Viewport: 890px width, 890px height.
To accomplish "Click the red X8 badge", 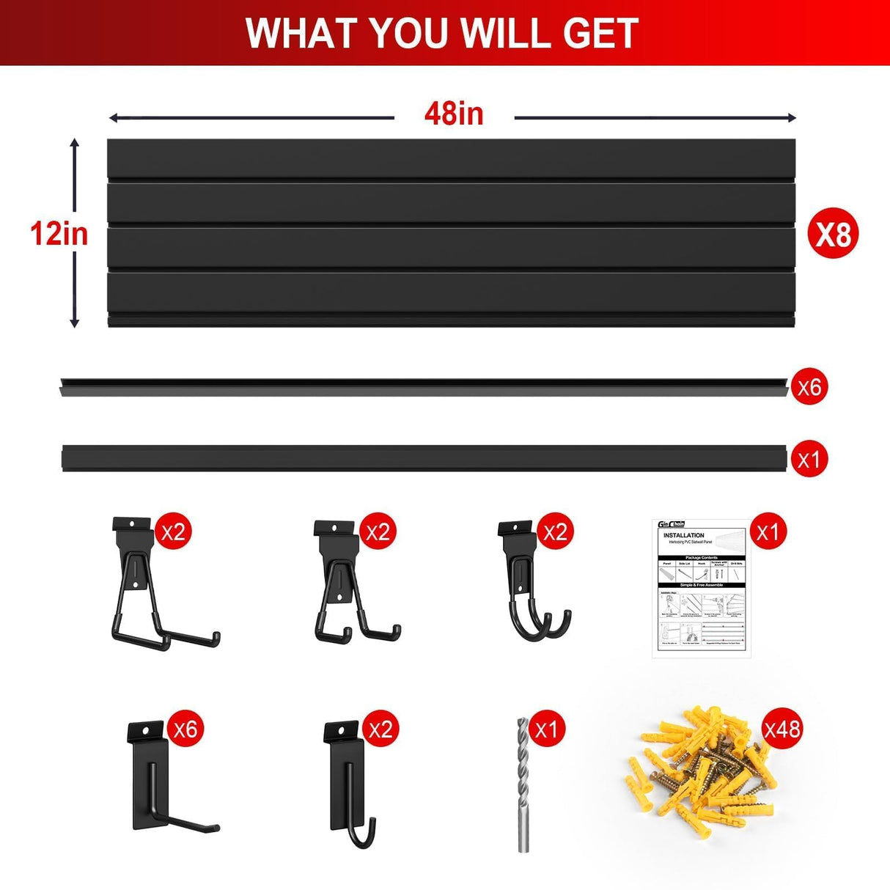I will (x=834, y=235).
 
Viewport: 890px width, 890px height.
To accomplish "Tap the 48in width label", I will (x=454, y=114).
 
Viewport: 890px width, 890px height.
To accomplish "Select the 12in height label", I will (x=59, y=234).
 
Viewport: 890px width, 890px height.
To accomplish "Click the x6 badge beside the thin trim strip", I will (x=809, y=386).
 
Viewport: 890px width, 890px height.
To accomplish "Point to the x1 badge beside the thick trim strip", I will (x=809, y=460).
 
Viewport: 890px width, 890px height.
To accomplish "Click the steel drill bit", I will (x=523, y=784).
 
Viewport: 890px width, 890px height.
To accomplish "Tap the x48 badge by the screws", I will (x=782, y=729).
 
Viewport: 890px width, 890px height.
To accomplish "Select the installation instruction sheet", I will (x=699, y=588).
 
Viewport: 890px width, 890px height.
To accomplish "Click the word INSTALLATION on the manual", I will (x=683, y=535).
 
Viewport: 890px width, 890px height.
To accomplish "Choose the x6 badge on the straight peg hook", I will (x=185, y=729).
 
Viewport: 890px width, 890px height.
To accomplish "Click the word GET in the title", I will (x=600, y=33).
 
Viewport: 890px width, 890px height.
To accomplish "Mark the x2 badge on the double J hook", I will (x=555, y=532).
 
